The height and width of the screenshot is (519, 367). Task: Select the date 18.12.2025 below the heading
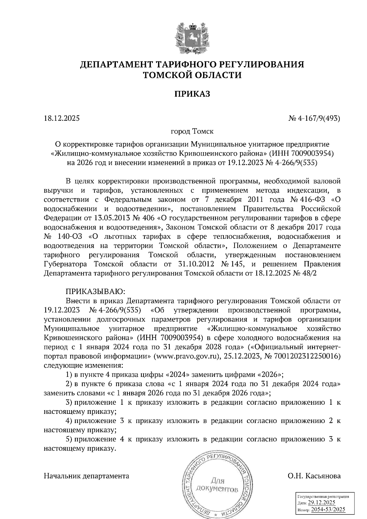61,118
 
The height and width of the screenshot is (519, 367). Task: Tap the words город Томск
192,131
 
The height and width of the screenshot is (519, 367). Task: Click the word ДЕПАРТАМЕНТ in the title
116,65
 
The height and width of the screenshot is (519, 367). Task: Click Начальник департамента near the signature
87,476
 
